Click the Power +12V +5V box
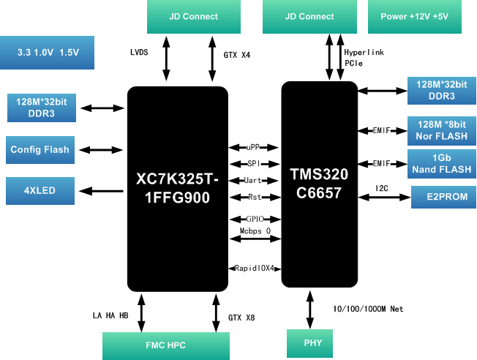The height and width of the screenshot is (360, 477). pyautogui.click(x=421, y=16)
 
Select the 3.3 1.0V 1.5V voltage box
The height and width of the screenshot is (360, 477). pyautogui.click(x=47, y=53)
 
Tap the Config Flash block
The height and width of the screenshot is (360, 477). pyautogui.click(x=40, y=150)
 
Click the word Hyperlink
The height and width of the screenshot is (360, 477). pyautogui.click(x=364, y=53)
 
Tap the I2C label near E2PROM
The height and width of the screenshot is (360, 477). pyautogui.click(x=382, y=188)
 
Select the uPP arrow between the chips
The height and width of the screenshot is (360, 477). pyautogui.click(x=253, y=147)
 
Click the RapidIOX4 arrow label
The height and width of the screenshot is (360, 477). pyautogui.click(x=253, y=268)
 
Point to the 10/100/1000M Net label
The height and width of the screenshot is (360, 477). pyautogui.click(x=368, y=309)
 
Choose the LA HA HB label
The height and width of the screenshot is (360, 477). pyautogui.click(x=110, y=315)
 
